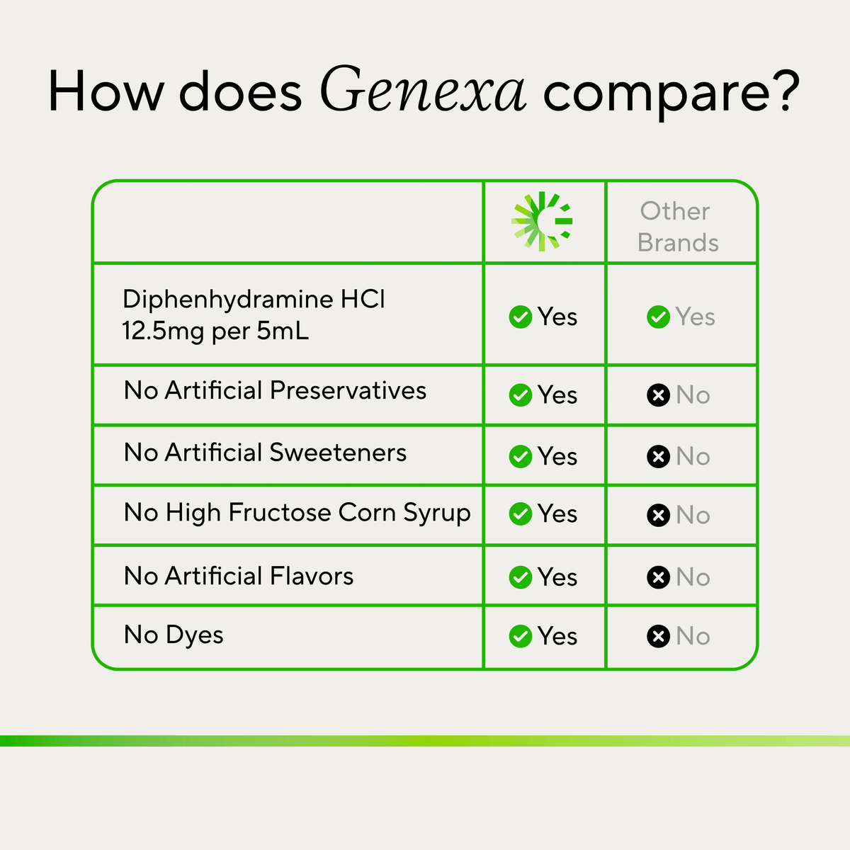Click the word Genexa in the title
(423, 89)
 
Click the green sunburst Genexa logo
(542, 222)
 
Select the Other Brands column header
(678, 227)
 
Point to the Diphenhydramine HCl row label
(254, 315)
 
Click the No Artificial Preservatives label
(276, 390)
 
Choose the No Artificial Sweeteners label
(265, 453)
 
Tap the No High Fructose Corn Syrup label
(297, 514)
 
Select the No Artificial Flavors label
(239, 576)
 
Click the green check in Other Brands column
(658, 317)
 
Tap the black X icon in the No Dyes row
(658, 636)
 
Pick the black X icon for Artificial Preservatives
(658, 395)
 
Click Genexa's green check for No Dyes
(520, 636)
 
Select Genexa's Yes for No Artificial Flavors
(557, 577)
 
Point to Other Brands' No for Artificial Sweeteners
(693, 457)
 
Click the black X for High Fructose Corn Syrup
(658, 515)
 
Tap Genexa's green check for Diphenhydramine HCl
(520, 317)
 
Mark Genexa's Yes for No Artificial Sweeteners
(557, 457)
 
